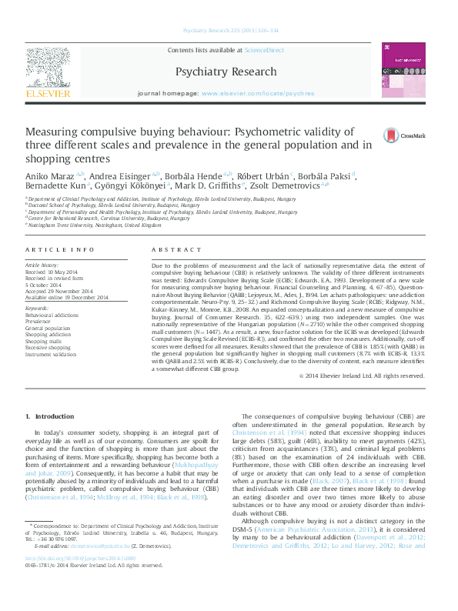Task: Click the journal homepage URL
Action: [257, 92]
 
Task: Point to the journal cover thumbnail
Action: [403, 71]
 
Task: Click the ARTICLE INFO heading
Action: [49, 251]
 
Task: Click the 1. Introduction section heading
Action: [50, 416]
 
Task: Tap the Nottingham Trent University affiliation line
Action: [95, 225]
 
